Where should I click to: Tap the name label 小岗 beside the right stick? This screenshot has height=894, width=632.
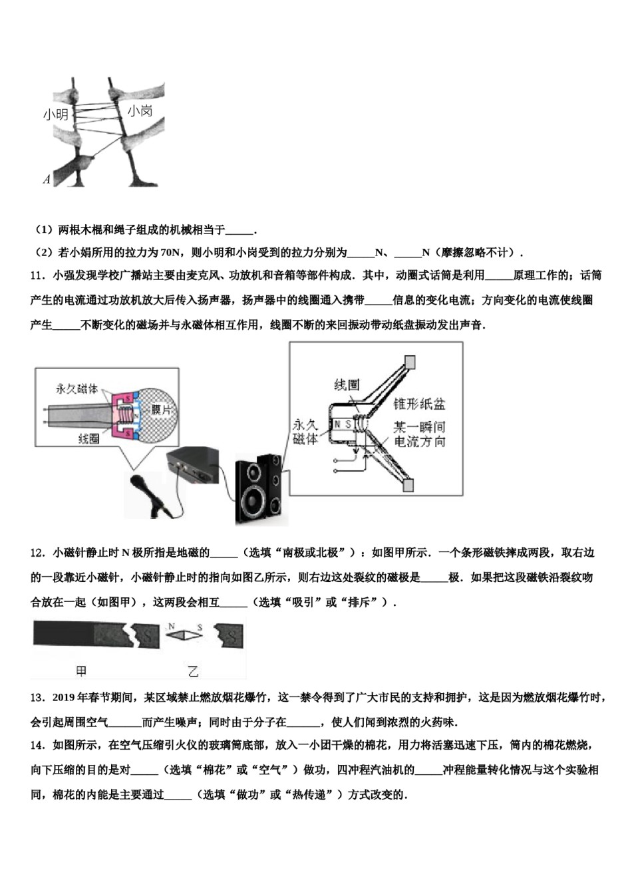[140, 110]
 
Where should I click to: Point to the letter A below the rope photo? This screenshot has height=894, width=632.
[47, 179]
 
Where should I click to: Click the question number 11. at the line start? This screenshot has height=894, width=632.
[38, 275]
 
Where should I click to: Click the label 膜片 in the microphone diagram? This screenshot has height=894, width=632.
[160, 410]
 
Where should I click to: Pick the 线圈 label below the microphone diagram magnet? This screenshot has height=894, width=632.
[88, 439]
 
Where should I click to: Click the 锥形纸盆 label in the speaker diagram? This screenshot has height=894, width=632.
[419, 404]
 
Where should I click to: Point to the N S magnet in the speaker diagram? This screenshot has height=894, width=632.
[343, 424]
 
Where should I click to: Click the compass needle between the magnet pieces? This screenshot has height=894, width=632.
[185, 635]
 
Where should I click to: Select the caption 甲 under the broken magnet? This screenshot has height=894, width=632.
[81, 671]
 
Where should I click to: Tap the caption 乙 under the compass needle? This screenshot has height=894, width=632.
[193, 671]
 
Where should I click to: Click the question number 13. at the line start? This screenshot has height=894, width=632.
[38, 697]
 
